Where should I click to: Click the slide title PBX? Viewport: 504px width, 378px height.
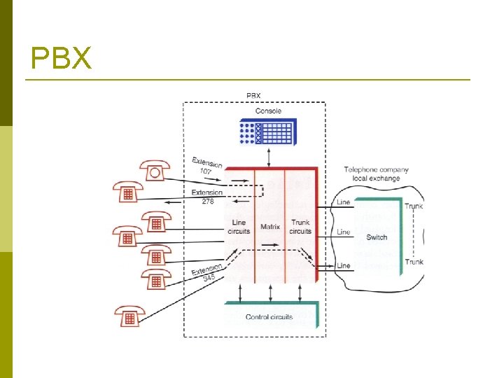62,59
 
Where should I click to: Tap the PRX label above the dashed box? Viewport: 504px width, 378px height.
253,96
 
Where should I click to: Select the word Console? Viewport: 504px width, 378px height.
268,111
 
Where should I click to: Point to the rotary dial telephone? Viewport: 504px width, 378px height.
154,171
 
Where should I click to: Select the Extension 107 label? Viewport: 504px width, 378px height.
206,164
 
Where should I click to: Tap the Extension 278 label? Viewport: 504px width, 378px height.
206,197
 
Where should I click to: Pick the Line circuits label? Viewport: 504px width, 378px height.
239,227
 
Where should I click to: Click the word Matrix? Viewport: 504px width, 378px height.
270,227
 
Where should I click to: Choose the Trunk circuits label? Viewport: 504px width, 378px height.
300,227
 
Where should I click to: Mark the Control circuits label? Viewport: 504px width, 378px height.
269,317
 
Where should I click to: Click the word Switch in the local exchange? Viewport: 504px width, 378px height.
377,237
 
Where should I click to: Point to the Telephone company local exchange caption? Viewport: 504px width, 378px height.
376,174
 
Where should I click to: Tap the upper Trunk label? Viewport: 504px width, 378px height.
414,206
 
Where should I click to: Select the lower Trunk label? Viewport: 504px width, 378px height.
414,262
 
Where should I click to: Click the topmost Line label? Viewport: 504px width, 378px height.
344,202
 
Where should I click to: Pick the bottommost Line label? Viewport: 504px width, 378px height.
344,266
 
